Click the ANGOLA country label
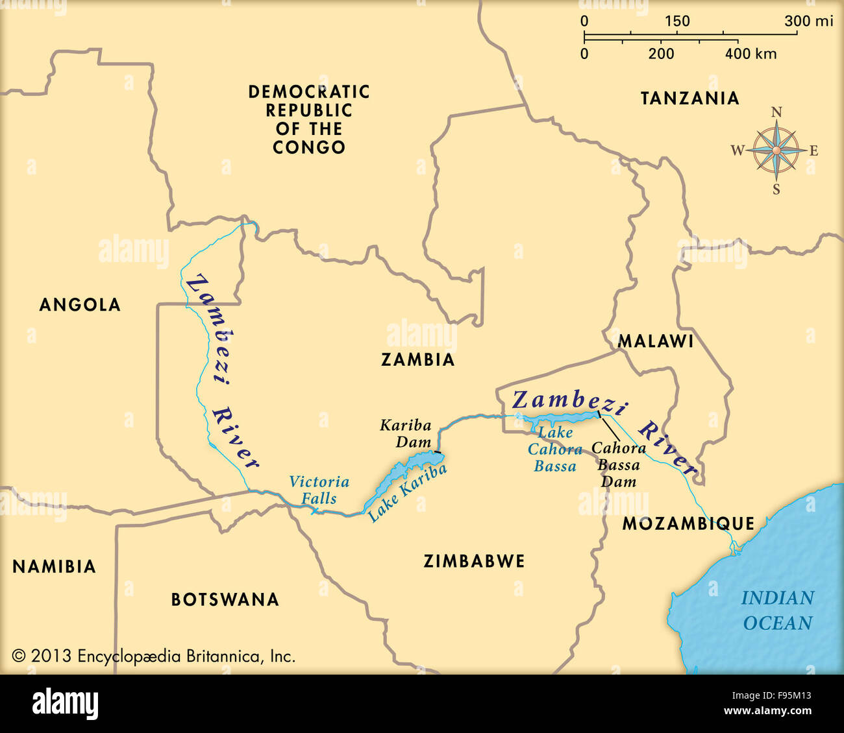coord(80,305)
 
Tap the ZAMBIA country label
coord(417,360)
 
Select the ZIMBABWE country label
coord(474,561)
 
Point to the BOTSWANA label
coord(225,599)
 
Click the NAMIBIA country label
coord(54,567)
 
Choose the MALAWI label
coord(655,341)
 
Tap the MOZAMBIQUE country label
coord(688,523)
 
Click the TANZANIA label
coord(689,99)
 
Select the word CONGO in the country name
coord(309,148)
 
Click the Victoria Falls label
coord(319,490)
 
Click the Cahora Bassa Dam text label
coord(618,464)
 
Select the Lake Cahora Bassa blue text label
coord(554,450)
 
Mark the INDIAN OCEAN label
coord(777,610)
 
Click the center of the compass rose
coord(776,150)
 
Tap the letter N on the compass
coord(776,112)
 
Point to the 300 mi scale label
coord(808,21)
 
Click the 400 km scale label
coord(751,54)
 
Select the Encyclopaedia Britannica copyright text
coord(154,656)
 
